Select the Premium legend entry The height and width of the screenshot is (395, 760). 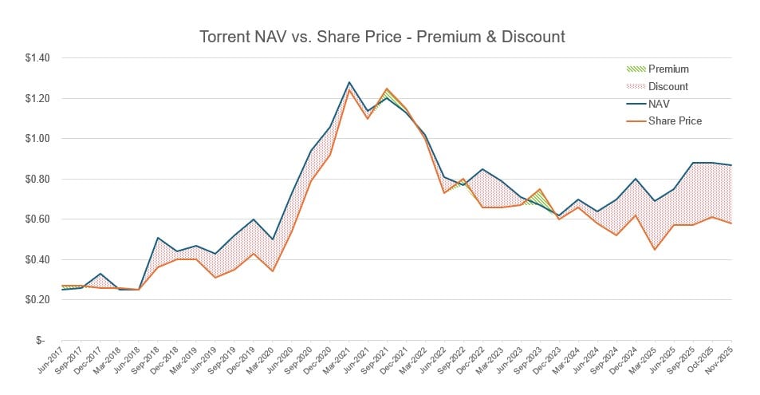667,69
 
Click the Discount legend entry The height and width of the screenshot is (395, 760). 667,86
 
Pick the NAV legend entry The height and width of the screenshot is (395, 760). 659,104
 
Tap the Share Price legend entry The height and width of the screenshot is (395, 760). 675,120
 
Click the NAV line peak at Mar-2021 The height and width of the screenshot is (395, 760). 349,82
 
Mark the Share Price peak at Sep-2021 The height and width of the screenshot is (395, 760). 387,89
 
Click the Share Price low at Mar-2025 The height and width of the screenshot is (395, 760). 655,250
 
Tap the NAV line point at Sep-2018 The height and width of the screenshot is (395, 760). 159,238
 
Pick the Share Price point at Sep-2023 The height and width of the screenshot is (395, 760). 540,189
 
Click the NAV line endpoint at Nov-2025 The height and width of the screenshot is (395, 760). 732,165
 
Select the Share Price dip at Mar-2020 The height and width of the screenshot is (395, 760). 273,271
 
